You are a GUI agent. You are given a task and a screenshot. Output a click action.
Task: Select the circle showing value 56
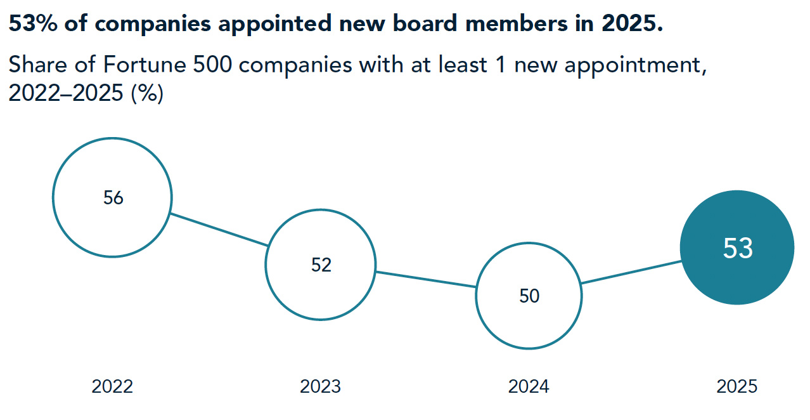tap(112, 197)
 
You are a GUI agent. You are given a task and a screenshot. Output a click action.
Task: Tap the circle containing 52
tap(321, 265)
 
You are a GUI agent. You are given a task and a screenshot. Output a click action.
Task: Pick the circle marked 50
tap(529, 296)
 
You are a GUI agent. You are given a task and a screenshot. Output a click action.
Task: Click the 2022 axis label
tap(112, 386)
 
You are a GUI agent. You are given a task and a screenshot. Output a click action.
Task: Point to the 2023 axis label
tap(320, 386)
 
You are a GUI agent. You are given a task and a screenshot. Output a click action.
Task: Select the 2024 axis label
tap(529, 386)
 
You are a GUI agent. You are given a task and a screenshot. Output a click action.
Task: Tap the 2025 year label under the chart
tap(736, 386)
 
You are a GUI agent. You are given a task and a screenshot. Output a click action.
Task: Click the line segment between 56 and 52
tap(219, 230)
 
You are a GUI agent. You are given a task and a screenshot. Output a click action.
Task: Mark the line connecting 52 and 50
tap(426, 280)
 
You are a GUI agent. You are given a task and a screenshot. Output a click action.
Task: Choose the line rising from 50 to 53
tap(631, 272)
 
